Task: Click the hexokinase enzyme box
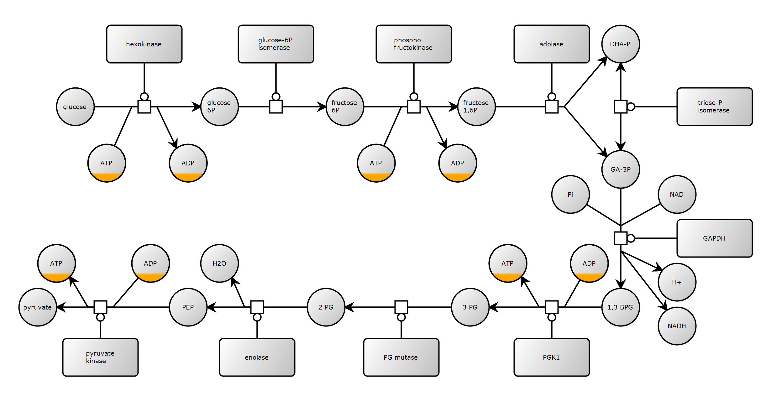click(x=144, y=44)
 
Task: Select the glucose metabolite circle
click(x=75, y=107)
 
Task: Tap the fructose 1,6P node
click(x=476, y=107)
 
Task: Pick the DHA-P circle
click(x=621, y=44)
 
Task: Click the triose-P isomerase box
click(x=715, y=107)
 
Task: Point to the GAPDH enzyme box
click(x=715, y=238)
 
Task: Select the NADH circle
click(x=677, y=326)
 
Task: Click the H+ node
click(x=677, y=282)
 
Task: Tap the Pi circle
click(x=570, y=194)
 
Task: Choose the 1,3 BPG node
click(x=621, y=307)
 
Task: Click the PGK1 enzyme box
click(x=552, y=357)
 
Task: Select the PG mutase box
click(x=401, y=357)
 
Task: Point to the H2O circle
click(x=219, y=263)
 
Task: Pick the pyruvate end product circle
click(x=38, y=307)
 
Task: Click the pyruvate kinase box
click(x=100, y=357)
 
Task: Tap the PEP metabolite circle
click(x=188, y=307)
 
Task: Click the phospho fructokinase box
click(x=414, y=44)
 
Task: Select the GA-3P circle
click(x=621, y=169)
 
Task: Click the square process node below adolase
click(x=552, y=107)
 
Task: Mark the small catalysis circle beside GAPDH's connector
click(x=631, y=238)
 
